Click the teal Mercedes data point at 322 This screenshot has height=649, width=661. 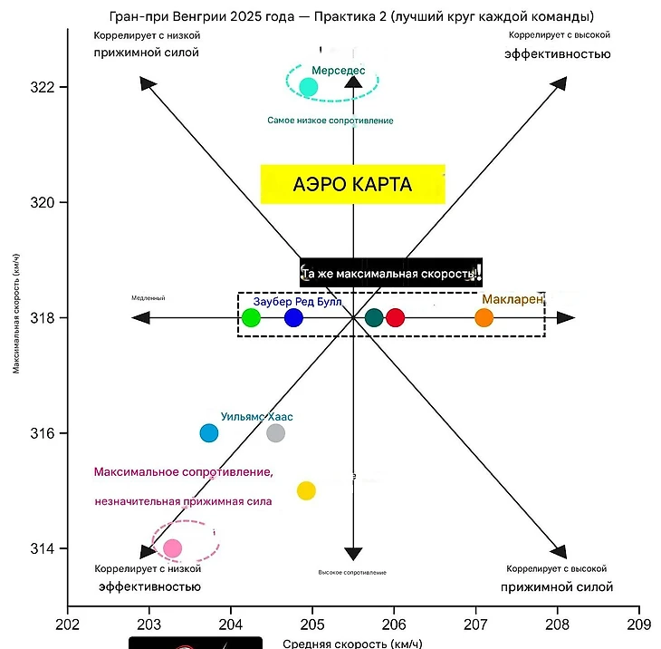click(308, 87)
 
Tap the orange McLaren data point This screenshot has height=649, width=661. click(484, 317)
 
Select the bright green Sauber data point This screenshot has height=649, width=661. click(251, 317)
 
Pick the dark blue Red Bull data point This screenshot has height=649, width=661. click(293, 317)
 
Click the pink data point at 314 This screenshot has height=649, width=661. click(172, 548)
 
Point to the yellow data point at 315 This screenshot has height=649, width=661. click(306, 490)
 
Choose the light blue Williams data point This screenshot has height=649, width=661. click(209, 433)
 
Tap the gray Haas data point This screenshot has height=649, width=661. click(275, 433)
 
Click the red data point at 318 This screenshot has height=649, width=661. click(395, 317)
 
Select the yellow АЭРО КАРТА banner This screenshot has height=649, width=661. click(352, 184)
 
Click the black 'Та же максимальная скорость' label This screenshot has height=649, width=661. click(391, 273)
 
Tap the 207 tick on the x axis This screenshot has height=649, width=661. click(476, 625)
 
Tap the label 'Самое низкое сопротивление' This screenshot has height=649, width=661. click(330, 121)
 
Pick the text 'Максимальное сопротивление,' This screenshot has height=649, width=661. click(184, 472)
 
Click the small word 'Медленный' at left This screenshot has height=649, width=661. click(148, 297)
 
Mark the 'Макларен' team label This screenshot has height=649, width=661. click(513, 299)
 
